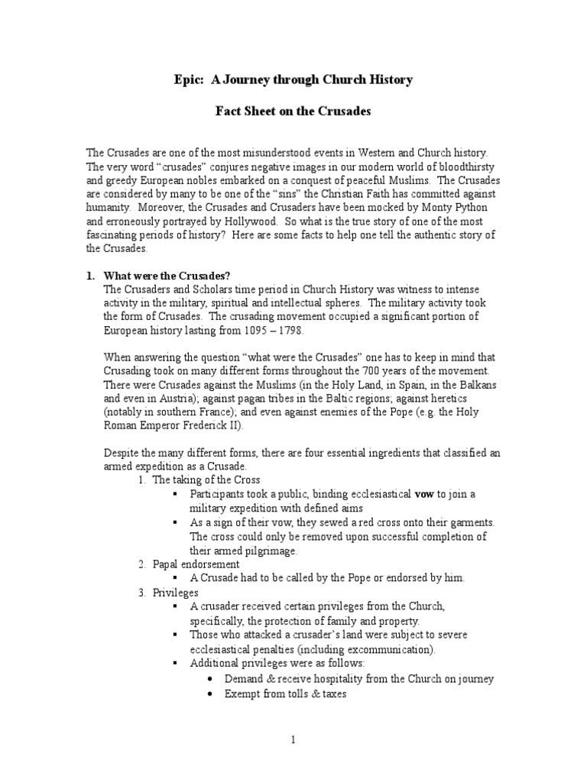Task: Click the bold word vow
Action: tap(423, 494)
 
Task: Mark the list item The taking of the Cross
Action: tap(206, 480)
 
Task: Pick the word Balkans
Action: tap(481, 385)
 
